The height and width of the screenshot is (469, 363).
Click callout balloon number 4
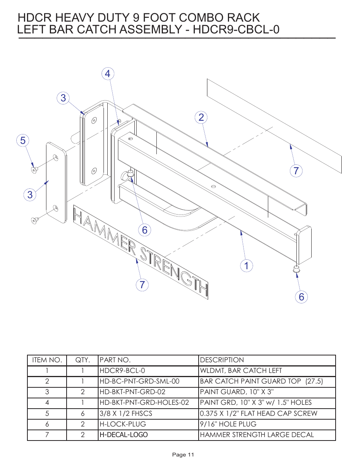(x=108, y=74)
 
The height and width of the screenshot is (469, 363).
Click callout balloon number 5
(x=23, y=141)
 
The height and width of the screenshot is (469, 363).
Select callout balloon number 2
(x=201, y=117)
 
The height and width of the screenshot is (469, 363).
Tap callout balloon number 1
(x=247, y=265)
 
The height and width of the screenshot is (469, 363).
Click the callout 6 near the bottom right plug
(x=301, y=297)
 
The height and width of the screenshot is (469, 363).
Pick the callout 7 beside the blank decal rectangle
(x=296, y=171)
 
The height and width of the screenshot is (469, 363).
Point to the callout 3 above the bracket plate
(x=63, y=98)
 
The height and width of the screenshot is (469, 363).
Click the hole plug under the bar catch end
(x=296, y=269)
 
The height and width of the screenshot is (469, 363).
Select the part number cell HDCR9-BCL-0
(x=122, y=371)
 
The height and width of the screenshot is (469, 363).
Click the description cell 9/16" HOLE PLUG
(x=228, y=424)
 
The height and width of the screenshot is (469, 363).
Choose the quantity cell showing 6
(x=83, y=414)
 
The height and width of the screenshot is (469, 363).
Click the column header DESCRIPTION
(x=222, y=360)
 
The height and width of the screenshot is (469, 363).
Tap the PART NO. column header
(x=115, y=360)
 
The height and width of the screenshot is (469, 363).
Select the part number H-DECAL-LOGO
(x=124, y=435)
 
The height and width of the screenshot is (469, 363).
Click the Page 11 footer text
(x=183, y=455)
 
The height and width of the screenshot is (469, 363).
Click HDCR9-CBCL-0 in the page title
(x=236, y=30)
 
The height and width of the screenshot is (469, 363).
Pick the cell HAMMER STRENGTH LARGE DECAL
(x=257, y=435)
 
